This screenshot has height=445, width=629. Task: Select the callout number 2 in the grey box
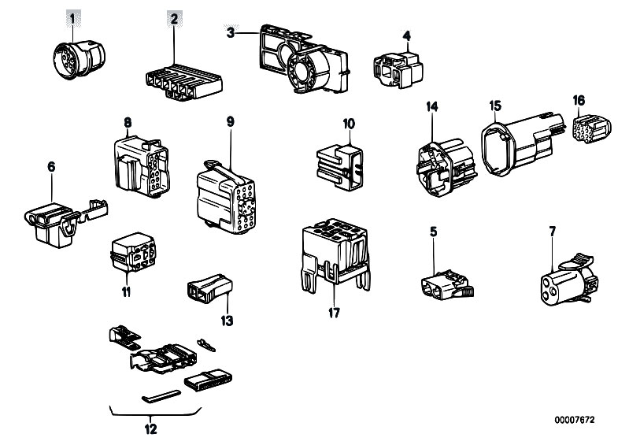[175, 16]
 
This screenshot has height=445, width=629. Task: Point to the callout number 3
[230, 32]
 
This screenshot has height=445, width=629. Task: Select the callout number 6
[52, 167]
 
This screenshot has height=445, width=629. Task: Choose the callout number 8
[128, 122]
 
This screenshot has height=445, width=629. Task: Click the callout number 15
[494, 106]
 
